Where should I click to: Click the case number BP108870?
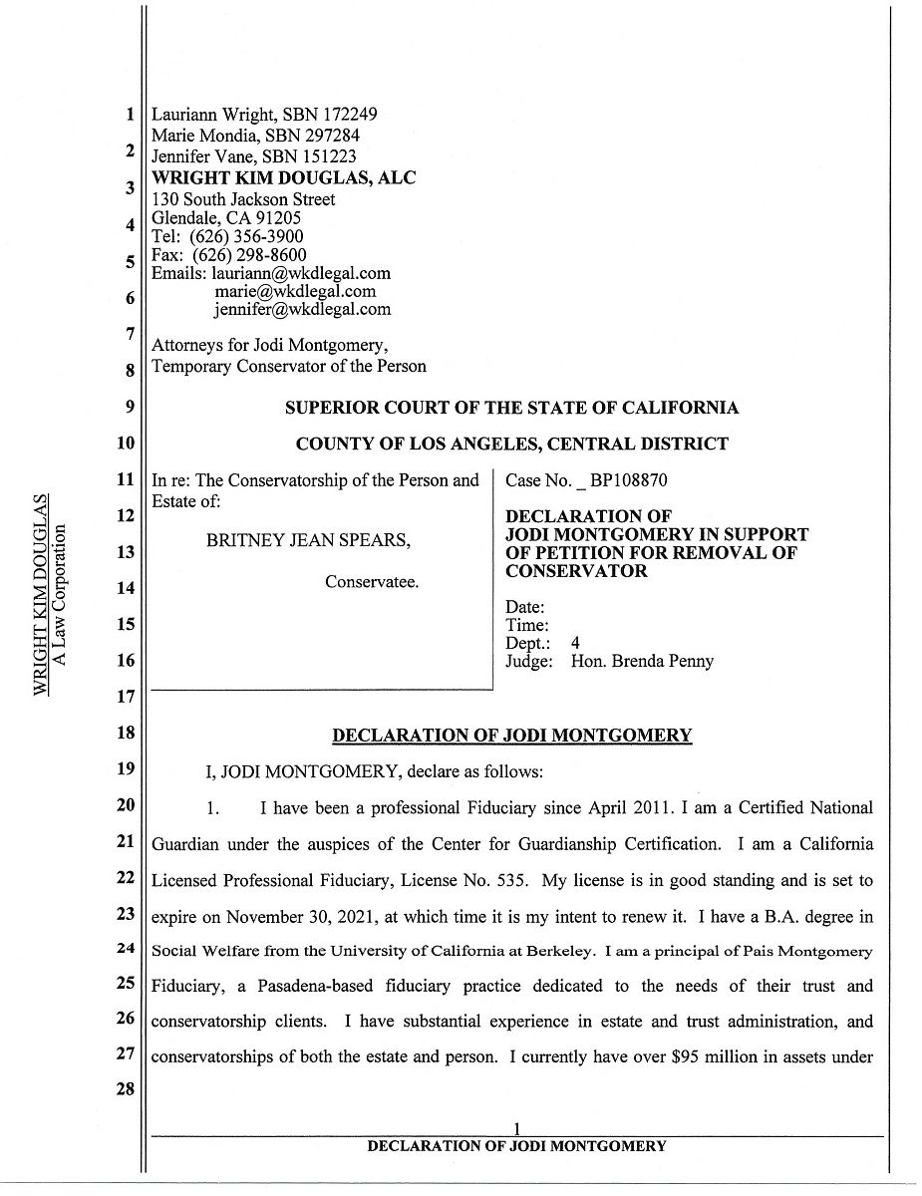click(629, 480)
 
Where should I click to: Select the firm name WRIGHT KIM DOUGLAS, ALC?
click(283, 177)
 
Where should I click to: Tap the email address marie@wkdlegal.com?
click(295, 291)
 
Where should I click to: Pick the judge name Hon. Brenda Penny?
click(642, 661)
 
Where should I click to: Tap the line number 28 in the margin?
click(126, 1088)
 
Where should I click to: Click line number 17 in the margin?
click(126, 696)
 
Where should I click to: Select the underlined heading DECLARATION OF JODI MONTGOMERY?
click(511, 736)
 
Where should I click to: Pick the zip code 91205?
click(280, 217)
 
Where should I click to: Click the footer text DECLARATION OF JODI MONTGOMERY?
click(515, 1146)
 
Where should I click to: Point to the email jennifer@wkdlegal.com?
click(302, 309)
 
